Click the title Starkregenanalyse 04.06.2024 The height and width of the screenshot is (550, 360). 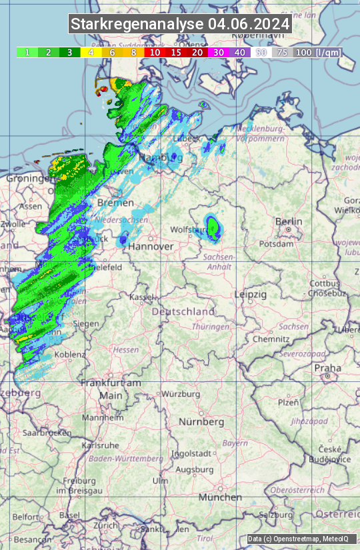click(x=180, y=25)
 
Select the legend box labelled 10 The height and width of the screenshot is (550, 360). click(x=155, y=52)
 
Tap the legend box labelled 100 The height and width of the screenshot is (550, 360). click(x=303, y=52)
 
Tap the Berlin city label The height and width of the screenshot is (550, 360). click(x=289, y=222)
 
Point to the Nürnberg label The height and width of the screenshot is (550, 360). click(x=201, y=422)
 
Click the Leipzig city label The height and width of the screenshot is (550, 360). click(x=250, y=294)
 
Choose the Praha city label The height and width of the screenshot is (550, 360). click(x=328, y=368)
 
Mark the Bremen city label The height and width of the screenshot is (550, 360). click(x=111, y=202)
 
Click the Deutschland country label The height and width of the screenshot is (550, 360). click(x=183, y=311)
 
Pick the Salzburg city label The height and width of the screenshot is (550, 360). click(x=277, y=515)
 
